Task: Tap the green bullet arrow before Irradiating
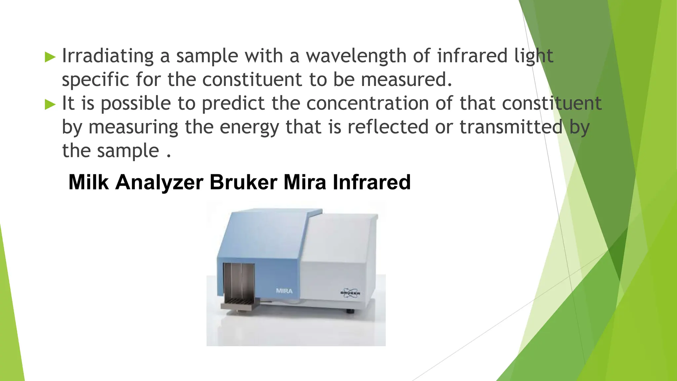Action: point(50,57)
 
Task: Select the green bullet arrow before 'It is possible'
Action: point(50,105)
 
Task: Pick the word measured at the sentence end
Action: point(406,80)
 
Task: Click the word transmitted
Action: point(511,127)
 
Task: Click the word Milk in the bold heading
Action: point(88,182)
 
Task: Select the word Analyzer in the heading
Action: point(159,183)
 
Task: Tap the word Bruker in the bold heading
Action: point(243,182)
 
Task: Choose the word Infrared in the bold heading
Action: point(372,182)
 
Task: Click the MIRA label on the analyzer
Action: point(284,291)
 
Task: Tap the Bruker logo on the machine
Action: point(350,293)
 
